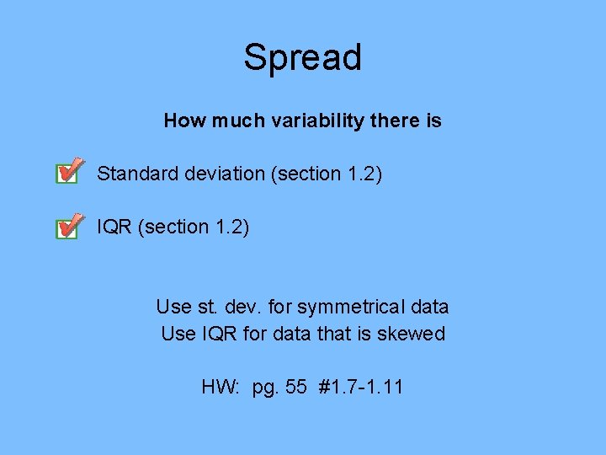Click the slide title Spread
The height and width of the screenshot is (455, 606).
click(x=302, y=57)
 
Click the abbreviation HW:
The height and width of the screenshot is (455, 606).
click(x=221, y=388)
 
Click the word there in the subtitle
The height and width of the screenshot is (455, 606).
click(x=392, y=120)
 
